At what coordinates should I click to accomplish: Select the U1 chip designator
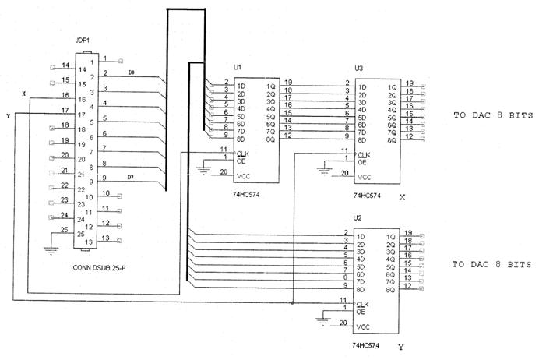click(238, 68)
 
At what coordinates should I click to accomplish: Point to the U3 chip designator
click(358, 69)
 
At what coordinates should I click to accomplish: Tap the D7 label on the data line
click(132, 178)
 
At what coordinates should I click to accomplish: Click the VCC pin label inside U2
click(363, 326)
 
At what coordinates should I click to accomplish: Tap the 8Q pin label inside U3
click(392, 140)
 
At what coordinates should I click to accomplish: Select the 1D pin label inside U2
click(361, 236)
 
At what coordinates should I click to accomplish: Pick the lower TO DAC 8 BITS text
click(492, 265)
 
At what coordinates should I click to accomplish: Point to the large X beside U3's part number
click(402, 198)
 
